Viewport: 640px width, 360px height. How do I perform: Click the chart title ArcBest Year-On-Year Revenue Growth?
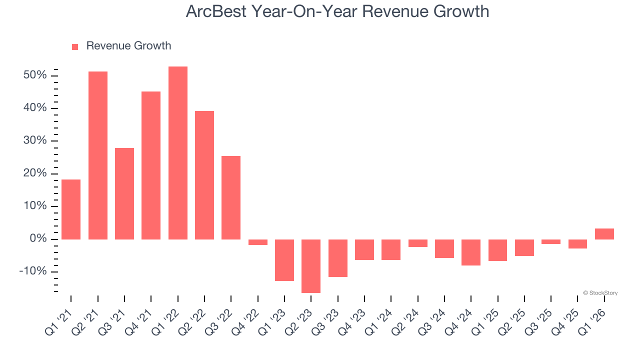click(x=337, y=11)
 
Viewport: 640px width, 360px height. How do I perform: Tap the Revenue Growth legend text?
click(x=128, y=46)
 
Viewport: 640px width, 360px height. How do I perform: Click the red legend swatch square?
click(x=75, y=46)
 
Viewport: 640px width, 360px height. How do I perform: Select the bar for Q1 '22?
click(x=178, y=153)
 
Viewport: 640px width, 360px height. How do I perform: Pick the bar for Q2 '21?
click(x=98, y=155)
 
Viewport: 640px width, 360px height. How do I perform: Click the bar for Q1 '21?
click(x=71, y=209)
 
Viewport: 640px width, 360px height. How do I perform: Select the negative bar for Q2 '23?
click(x=311, y=266)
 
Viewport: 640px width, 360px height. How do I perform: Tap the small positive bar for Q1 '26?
click(x=604, y=234)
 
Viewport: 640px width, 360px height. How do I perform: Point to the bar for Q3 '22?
click(x=231, y=197)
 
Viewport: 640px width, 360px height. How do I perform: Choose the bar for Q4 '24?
click(x=471, y=252)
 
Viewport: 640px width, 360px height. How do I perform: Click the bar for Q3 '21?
click(x=124, y=193)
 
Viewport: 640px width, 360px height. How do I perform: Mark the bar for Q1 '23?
click(x=284, y=260)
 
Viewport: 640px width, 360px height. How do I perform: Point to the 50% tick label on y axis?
click(x=35, y=75)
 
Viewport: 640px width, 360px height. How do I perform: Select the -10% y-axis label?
click(x=33, y=271)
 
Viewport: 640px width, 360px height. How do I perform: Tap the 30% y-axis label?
click(x=35, y=141)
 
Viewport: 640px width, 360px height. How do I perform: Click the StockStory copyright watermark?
click(x=600, y=293)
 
